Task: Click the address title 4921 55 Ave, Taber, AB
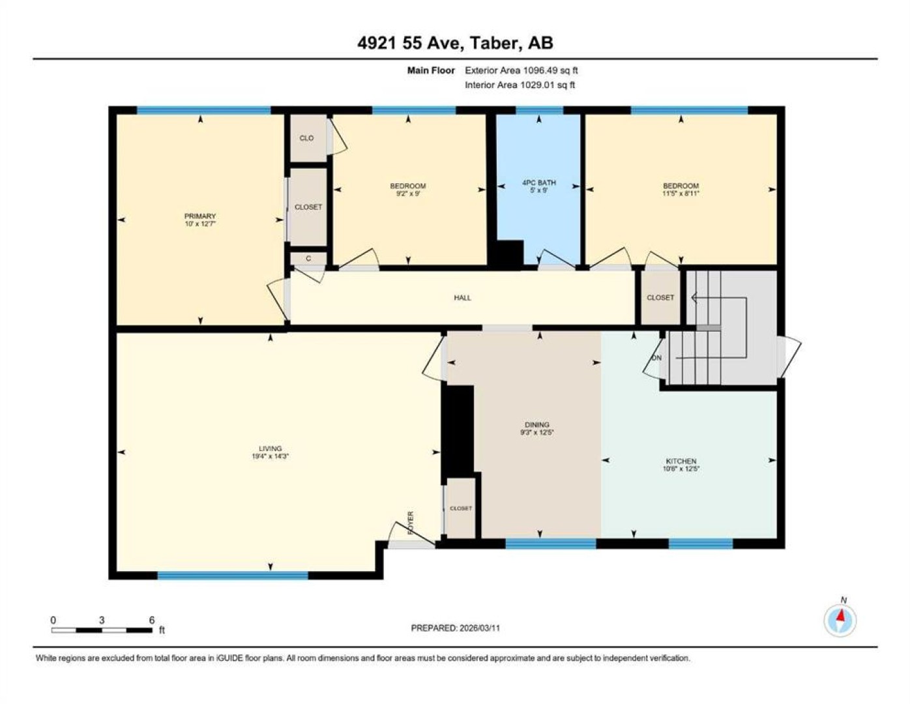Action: [x=455, y=43]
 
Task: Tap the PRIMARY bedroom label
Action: [x=200, y=216]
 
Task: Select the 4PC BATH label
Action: [x=539, y=183]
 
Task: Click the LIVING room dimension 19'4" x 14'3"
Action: [x=270, y=456]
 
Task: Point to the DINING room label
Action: [x=537, y=424]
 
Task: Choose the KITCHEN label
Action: [x=681, y=461]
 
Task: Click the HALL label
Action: [x=462, y=298]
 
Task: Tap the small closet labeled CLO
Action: [x=308, y=138]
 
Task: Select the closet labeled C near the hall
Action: [x=308, y=258]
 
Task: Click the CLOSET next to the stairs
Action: [x=660, y=297]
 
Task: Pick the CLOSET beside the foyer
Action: [x=461, y=508]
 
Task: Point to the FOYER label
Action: [x=411, y=523]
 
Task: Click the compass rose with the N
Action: [x=840, y=621]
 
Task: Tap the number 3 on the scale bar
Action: [x=101, y=620]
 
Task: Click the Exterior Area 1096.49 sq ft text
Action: [x=521, y=70]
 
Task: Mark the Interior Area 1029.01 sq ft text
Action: [x=520, y=85]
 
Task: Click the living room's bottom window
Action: [x=233, y=576]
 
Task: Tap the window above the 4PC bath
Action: [x=539, y=110]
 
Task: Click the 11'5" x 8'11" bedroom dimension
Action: [x=681, y=194]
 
